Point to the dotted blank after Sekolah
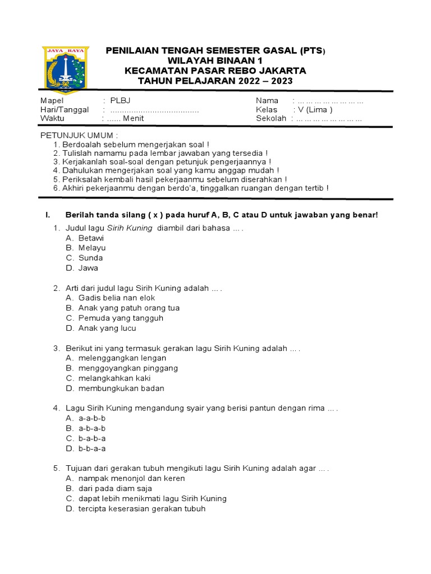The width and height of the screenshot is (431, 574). tap(329, 119)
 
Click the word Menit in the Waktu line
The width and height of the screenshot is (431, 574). tap(134, 118)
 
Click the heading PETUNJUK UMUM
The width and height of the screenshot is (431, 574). tap(79, 136)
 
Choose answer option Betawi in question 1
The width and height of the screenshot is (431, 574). tap(91, 238)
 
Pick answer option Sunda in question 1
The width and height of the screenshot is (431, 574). tap(90, 258)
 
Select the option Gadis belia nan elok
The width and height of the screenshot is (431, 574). tap(117, 298)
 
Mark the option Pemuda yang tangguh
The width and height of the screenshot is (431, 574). tap(121, 318)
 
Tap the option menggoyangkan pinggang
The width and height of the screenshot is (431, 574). tap(128, 368)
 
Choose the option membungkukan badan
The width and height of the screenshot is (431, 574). tap(121, 388)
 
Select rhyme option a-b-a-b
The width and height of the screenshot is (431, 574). tap(92, 428)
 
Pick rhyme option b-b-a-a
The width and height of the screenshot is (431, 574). tap(92, 448)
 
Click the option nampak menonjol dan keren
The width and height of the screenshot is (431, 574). tap(131, 478)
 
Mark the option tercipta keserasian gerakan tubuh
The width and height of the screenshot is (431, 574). tap(142, 508)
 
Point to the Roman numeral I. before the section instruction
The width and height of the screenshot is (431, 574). tap(48, 215)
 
